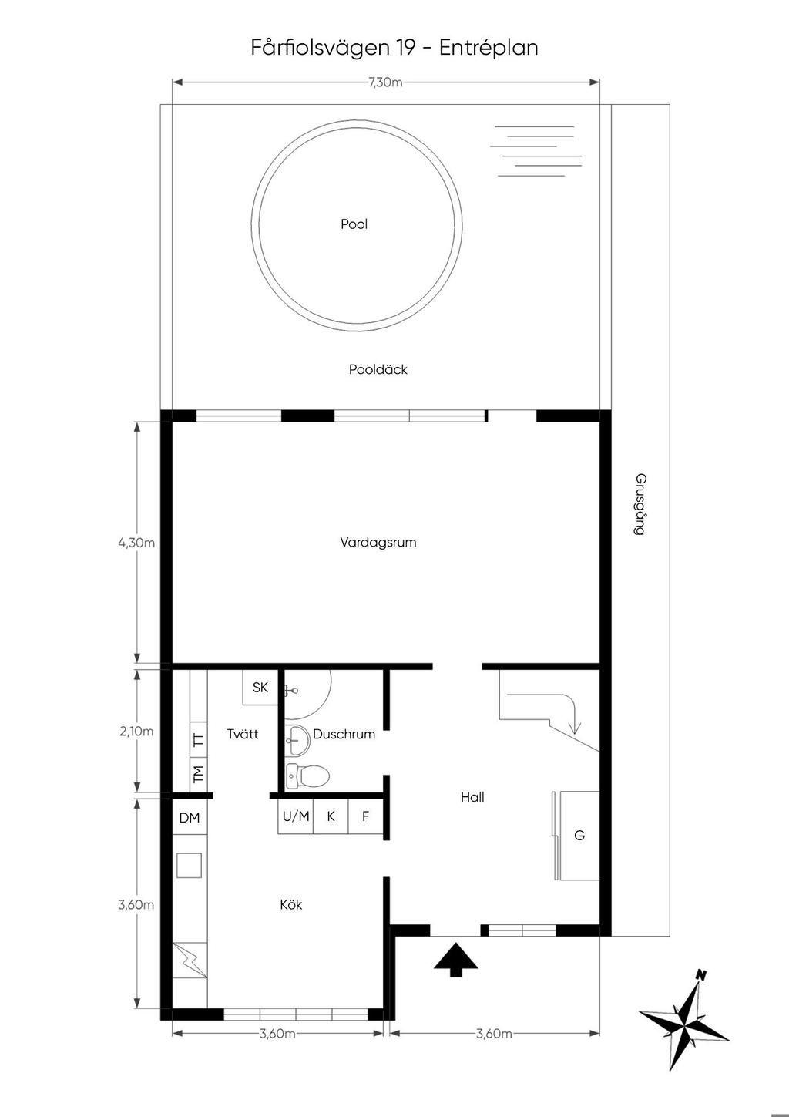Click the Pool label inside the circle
click(x=354, y=224)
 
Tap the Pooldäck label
click(x=378, y=369)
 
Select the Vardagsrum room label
click(x=378, y=542)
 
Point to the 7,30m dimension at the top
click(x=385, y=82)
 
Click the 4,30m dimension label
click(x=136, y=543)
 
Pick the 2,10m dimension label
click(x=136, y=732)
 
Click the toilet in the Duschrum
click(x=307, y=776)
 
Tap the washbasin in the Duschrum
click(x=297, y=740)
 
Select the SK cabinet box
click(x=260, y=688)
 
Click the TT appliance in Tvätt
click(x=199, y=739)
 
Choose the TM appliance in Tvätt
click(x=199, y=775)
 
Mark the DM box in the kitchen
click(x=190, y=817)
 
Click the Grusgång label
click(x=640, y=504)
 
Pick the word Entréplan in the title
click(x=488, y=48)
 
